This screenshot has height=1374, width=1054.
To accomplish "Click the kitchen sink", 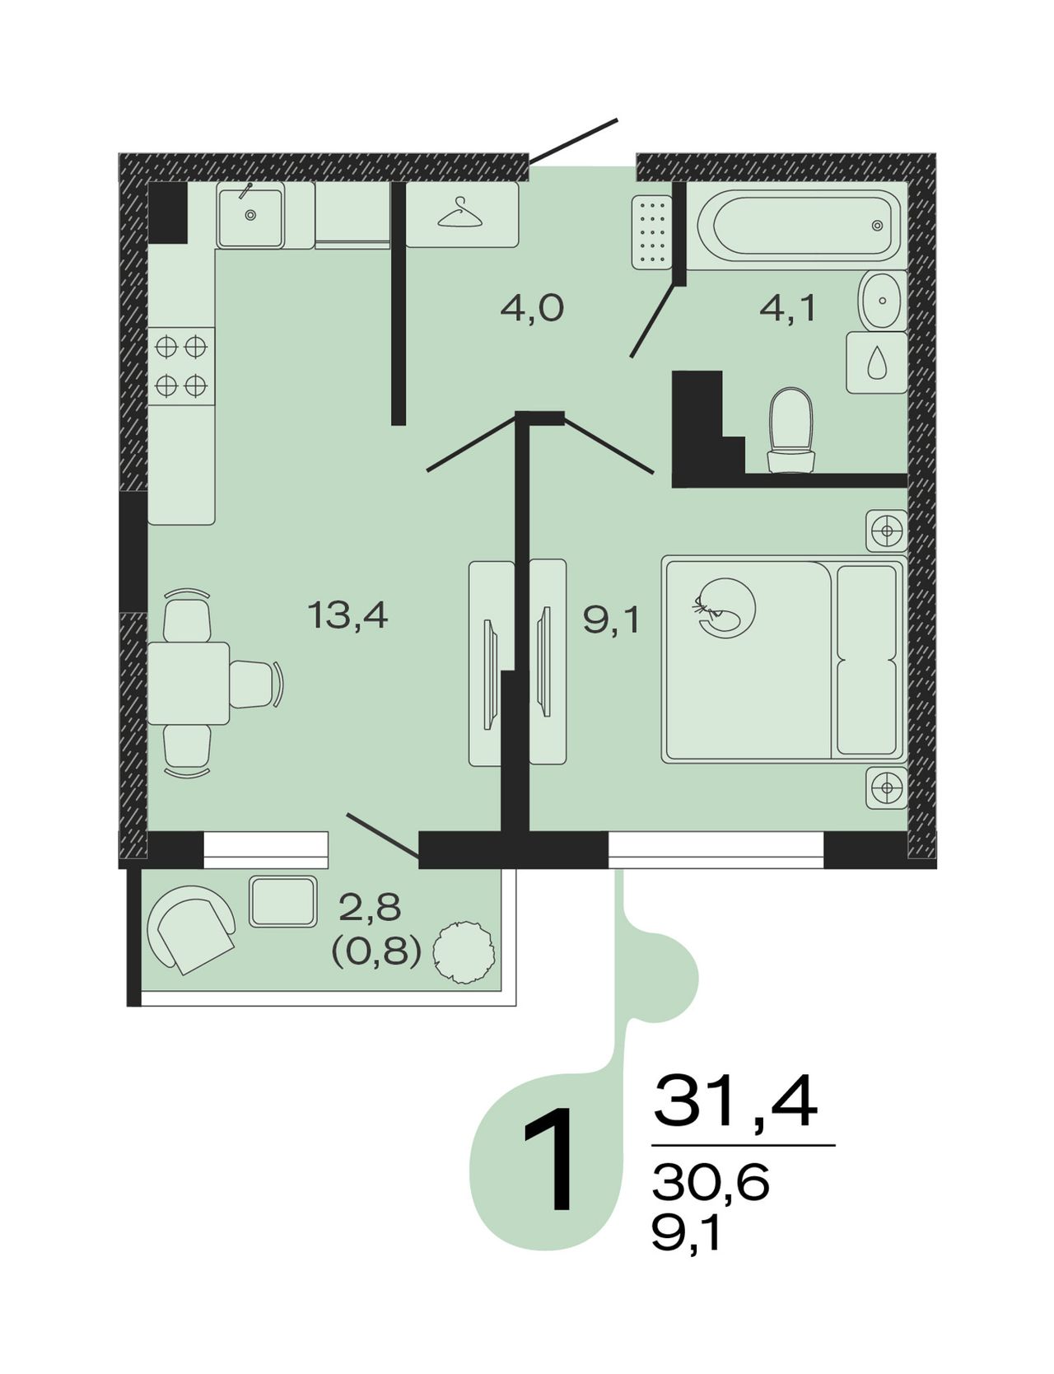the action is [x=250, y=214].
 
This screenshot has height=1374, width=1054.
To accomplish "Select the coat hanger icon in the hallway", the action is [x=462, y=213].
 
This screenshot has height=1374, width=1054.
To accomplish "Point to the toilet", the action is [x=790, y=431].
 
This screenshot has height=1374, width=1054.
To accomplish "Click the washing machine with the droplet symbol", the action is [x=877, y=362].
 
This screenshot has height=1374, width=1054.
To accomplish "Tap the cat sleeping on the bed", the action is [x=725, y=608].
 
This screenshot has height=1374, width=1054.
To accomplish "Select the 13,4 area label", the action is [x=347, y=615].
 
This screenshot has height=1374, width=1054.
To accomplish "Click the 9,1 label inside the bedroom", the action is [x=611, y=619].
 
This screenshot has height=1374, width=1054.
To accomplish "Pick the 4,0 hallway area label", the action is [x=532, y=309].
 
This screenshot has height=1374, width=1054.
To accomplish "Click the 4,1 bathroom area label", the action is [x=787, y=309].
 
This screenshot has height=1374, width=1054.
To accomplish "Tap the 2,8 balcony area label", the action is [x=371, y=908].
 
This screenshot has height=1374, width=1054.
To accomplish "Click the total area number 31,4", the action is [x=736, y=1101].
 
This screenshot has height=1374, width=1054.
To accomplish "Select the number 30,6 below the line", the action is [x=711, y=1184].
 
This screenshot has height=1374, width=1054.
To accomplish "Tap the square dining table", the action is [x=189, y=684].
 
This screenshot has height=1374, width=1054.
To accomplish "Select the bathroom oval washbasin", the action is [x=882, y=301].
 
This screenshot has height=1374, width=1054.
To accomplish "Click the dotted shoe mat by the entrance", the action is [x=651, y=231].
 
